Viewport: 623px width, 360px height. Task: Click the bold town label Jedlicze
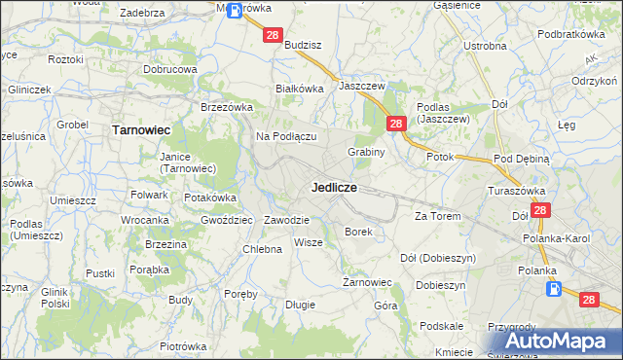click(334, 186)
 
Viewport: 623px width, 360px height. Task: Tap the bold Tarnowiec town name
click(141, 128)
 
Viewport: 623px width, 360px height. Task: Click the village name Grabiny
click(367, 152)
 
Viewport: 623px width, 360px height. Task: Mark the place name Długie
click(300, 305)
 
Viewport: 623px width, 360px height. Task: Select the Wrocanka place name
click(146, 221)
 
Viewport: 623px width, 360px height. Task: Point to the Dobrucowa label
click(170, 70)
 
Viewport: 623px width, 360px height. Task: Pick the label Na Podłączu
click(286, 137)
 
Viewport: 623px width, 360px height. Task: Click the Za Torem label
click(436, 216)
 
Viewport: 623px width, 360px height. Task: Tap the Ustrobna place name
click(485, 46)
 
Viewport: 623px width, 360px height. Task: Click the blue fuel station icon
click(553, 289)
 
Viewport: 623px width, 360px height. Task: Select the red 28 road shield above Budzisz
click(273, 36)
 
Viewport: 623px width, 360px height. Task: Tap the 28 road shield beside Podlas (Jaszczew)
click(396, 124)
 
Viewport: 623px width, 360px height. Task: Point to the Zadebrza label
click(141, 13)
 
